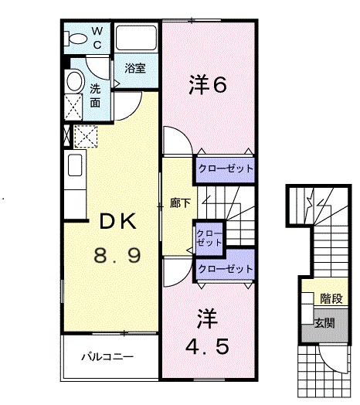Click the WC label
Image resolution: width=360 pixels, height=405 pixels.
pyautogui.click(x=97, y=36)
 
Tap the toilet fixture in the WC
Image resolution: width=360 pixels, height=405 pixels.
pyautogui.click(x=77, y=37)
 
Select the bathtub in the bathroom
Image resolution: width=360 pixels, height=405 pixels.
pyautogui.click(x=137, y=39)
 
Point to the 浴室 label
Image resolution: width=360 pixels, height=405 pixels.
pyautogui.click(x=136, y=68)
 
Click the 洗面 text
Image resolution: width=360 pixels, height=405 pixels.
pyautogui.click(x=96, y=94)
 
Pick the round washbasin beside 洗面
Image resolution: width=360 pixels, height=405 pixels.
pyautogui.click(x=74, y=82)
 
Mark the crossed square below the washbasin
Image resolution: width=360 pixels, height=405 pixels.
pyautogui.click(x=74, y=107)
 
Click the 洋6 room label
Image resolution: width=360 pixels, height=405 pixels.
pyautogui.click(x=208, y=86)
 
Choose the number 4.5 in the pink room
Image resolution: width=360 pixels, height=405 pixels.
pyautogui.click(x=207, y=347)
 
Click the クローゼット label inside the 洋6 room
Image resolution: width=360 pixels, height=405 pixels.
pyautogui.click(x=225, y=168)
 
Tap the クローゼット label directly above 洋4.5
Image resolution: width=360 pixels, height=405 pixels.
pyautogui.click(x=225, y=269)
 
